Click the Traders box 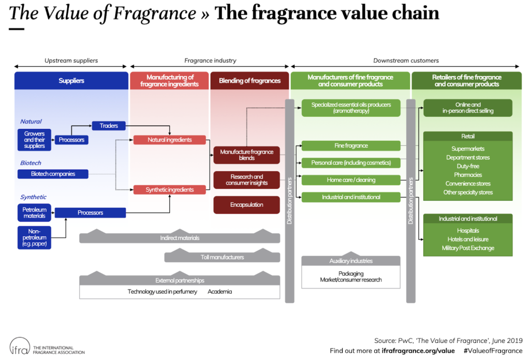pos(109,126)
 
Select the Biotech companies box pos(53,174)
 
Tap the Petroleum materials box pos(34,213)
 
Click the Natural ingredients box pos(169,140)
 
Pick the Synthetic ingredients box pos(169,190)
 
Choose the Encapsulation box pos(246,205)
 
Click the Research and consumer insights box pos(246,180)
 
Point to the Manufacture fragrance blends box pos(246,155)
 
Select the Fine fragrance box pos(351,146)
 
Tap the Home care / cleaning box pos(351,180)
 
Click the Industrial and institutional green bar pos(351,197)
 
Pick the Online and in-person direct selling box pos(468,108)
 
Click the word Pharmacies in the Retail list pos(468,175)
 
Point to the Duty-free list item pos(468,166)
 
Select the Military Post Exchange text pos(468,248)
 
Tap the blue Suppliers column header pos(71,81)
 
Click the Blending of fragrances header pos(249,81)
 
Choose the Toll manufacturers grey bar pos(222,257)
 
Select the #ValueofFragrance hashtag pos(493,351)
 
